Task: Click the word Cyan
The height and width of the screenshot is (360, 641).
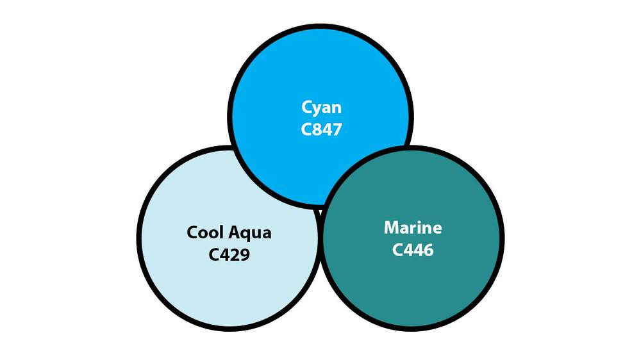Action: [321, 108]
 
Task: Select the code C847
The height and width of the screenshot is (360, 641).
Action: [321, 129]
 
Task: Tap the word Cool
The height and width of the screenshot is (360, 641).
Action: [205, 233]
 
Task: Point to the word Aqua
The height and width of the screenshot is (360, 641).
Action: [249, 234]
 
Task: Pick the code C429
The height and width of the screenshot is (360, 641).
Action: [229, 254]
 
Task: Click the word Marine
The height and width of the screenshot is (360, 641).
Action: [413, 227]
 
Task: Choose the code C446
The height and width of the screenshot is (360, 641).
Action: [412, 250]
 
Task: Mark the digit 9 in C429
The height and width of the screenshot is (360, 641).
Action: [245, 254]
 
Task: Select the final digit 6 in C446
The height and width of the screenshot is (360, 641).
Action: [428, 250]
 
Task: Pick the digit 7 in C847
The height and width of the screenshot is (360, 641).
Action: [337, 129]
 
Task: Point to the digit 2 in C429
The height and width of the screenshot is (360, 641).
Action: [234, 254]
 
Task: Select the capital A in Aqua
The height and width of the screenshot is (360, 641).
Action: [234, 233]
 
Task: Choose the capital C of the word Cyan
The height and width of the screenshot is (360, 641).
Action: [306, 108]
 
